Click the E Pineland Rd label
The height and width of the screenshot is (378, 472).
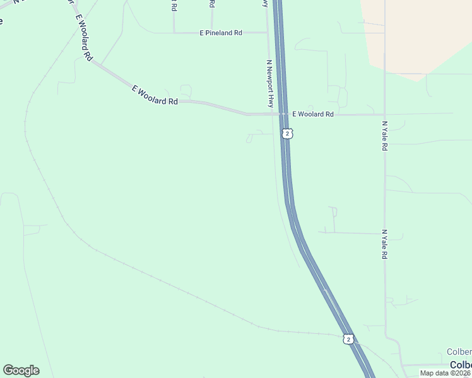[x=221, y=32]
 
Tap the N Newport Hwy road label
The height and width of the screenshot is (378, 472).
[x=269, y=84]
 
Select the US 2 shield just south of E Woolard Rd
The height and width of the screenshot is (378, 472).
[x=287, y=134]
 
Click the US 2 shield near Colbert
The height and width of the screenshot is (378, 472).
[x=348, y=339]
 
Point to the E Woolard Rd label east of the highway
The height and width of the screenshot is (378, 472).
[x=313, y=114]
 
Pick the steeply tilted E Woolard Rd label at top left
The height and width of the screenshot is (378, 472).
[x=83, y=37]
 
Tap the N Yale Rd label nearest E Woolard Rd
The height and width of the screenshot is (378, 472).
[x=384, y=135]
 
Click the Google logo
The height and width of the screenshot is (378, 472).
[x=21, y=370]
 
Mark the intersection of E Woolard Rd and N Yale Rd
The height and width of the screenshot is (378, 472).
[x=384, y=114]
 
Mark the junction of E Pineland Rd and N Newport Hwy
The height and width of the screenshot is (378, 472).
[x=268, y=32]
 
